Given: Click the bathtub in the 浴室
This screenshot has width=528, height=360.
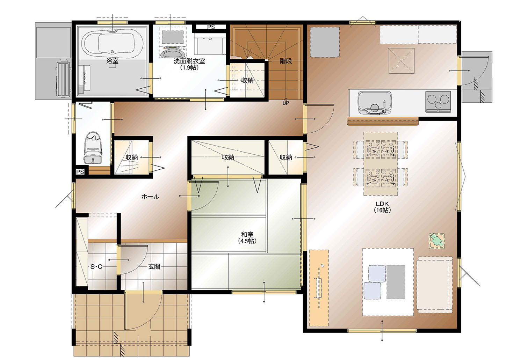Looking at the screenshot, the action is click(x=113, y=44).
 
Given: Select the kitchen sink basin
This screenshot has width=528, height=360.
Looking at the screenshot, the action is click(x=375, y=103).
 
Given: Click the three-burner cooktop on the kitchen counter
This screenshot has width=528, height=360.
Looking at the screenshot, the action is click(x=438, y=102).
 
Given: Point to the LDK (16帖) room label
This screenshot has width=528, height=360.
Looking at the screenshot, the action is click(x=382, y=207).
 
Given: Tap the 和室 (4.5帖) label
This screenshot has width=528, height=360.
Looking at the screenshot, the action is click(x=247, y=238).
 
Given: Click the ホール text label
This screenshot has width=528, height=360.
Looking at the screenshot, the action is click(x=150, y=197).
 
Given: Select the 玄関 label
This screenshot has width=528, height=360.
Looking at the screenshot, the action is click(x=154, y=266).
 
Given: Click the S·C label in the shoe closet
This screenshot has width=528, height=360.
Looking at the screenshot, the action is click(x=96, y=267).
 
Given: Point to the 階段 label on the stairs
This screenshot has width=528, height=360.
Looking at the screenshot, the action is click(x=286, y=61).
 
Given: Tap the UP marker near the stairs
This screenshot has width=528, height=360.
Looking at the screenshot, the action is click(x=286, y=103).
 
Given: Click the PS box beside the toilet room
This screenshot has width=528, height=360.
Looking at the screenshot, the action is click(x=80, y=172).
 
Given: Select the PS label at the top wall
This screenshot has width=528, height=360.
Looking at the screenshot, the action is click(x=211, y=27).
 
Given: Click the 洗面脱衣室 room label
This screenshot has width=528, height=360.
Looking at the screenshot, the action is click(x=189, y=61).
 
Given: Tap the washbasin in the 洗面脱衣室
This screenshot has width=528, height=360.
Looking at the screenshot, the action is click(x=171, y=52).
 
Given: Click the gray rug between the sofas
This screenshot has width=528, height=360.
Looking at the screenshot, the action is click(x=396, y=282).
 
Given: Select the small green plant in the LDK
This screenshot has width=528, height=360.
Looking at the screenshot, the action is click(x=437, y=241).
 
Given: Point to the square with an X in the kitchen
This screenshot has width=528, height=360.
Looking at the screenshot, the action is click(x=402, y=61).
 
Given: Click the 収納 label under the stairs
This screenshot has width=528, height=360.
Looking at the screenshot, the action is click(x=247, y=81).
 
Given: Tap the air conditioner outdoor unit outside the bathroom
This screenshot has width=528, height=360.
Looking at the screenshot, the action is click(x=63, y=78).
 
